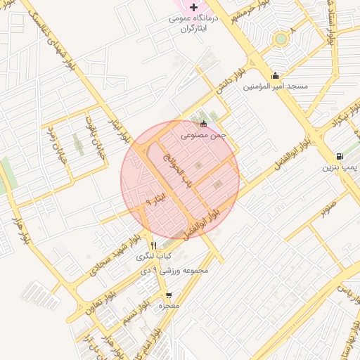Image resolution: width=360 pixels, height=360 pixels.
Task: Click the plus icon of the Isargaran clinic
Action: pyautogui.click(x=194, y=6)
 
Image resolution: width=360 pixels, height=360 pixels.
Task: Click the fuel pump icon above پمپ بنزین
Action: pyautogui.click(x=340, y=156)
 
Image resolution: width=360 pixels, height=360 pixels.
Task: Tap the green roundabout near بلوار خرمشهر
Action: pyautogui.click(x=281, y=39)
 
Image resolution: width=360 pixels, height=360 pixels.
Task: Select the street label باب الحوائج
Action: pyautogui.click(x=178, y=172)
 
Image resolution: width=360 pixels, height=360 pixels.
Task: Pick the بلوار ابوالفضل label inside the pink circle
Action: pyautogui.click(x=207, y=221)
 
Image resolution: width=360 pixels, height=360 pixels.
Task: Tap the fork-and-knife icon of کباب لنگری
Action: pyautogui.click(x=154, y=245)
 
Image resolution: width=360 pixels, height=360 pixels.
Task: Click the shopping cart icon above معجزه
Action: pyautogui.click(x=169, y=295)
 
